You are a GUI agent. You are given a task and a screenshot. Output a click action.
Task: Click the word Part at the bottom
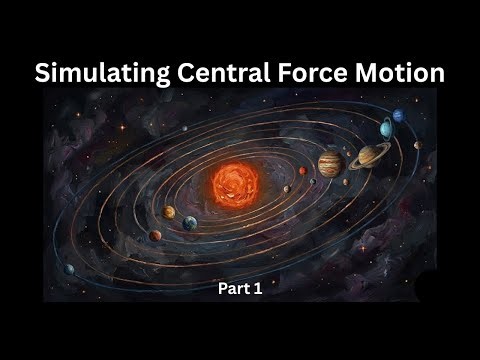(x=233, y=289)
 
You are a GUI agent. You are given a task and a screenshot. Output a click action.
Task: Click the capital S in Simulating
(x=43, y=73)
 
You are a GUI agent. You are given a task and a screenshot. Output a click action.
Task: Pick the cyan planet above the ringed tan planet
(x=386, y=128)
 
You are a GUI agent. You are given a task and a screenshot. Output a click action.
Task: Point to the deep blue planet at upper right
(x=398, y=116)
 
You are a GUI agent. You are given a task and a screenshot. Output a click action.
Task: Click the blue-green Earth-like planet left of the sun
(x=189, y=222)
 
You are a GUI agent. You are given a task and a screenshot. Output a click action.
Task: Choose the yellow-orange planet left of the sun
(x=170, y=212)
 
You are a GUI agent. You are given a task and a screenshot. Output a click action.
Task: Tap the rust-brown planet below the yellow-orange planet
(x=156, y=236)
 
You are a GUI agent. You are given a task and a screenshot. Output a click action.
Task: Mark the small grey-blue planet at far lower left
(x=70, y=268)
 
